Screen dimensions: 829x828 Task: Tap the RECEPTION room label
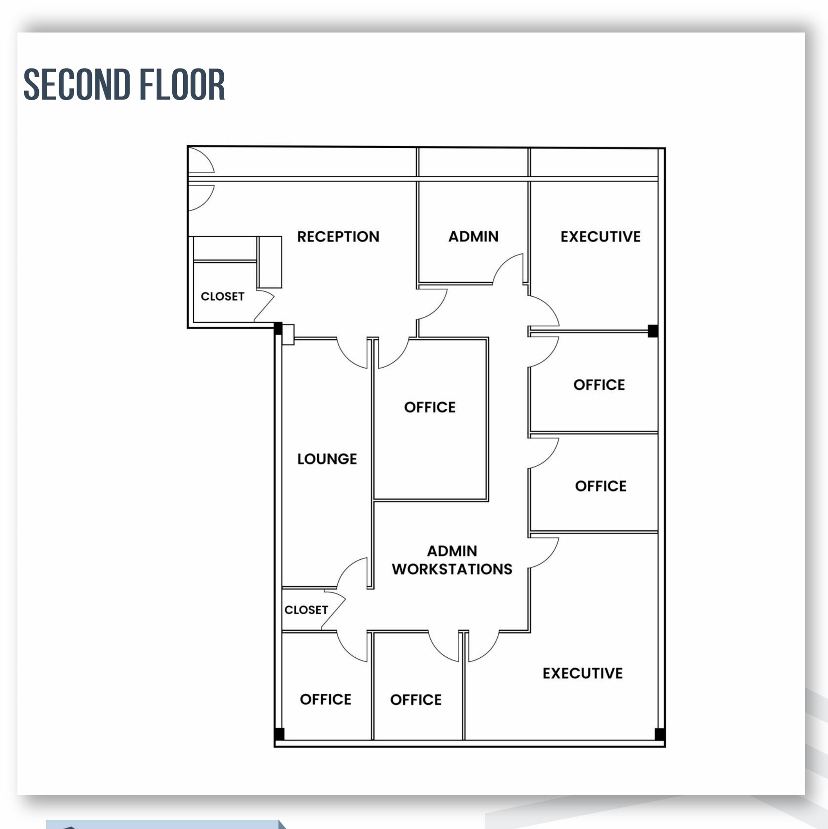tap(338, 236)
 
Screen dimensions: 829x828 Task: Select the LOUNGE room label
tap(327, 459)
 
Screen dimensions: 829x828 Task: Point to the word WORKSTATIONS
tap(452, 569)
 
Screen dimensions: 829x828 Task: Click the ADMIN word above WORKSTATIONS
tap(452, 551)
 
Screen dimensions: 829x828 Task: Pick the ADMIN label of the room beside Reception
tap(473, 236)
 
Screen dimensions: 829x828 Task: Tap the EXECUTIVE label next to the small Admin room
tap(600, 236)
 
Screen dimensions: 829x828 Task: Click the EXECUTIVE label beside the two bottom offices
tap(582, 673)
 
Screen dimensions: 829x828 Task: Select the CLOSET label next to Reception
tap(222, 296)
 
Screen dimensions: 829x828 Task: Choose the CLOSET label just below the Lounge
tap(306, 610)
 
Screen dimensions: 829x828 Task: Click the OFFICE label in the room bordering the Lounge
tap(430, 407)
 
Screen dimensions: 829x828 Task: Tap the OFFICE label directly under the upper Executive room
tap(599, 385)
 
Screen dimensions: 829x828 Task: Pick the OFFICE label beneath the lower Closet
tap(326, 699)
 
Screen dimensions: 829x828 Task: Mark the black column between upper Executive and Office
tap(652, 331)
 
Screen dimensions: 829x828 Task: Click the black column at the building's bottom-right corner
tap(660, 734)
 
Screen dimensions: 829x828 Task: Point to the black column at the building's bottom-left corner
tap(279, 734)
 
